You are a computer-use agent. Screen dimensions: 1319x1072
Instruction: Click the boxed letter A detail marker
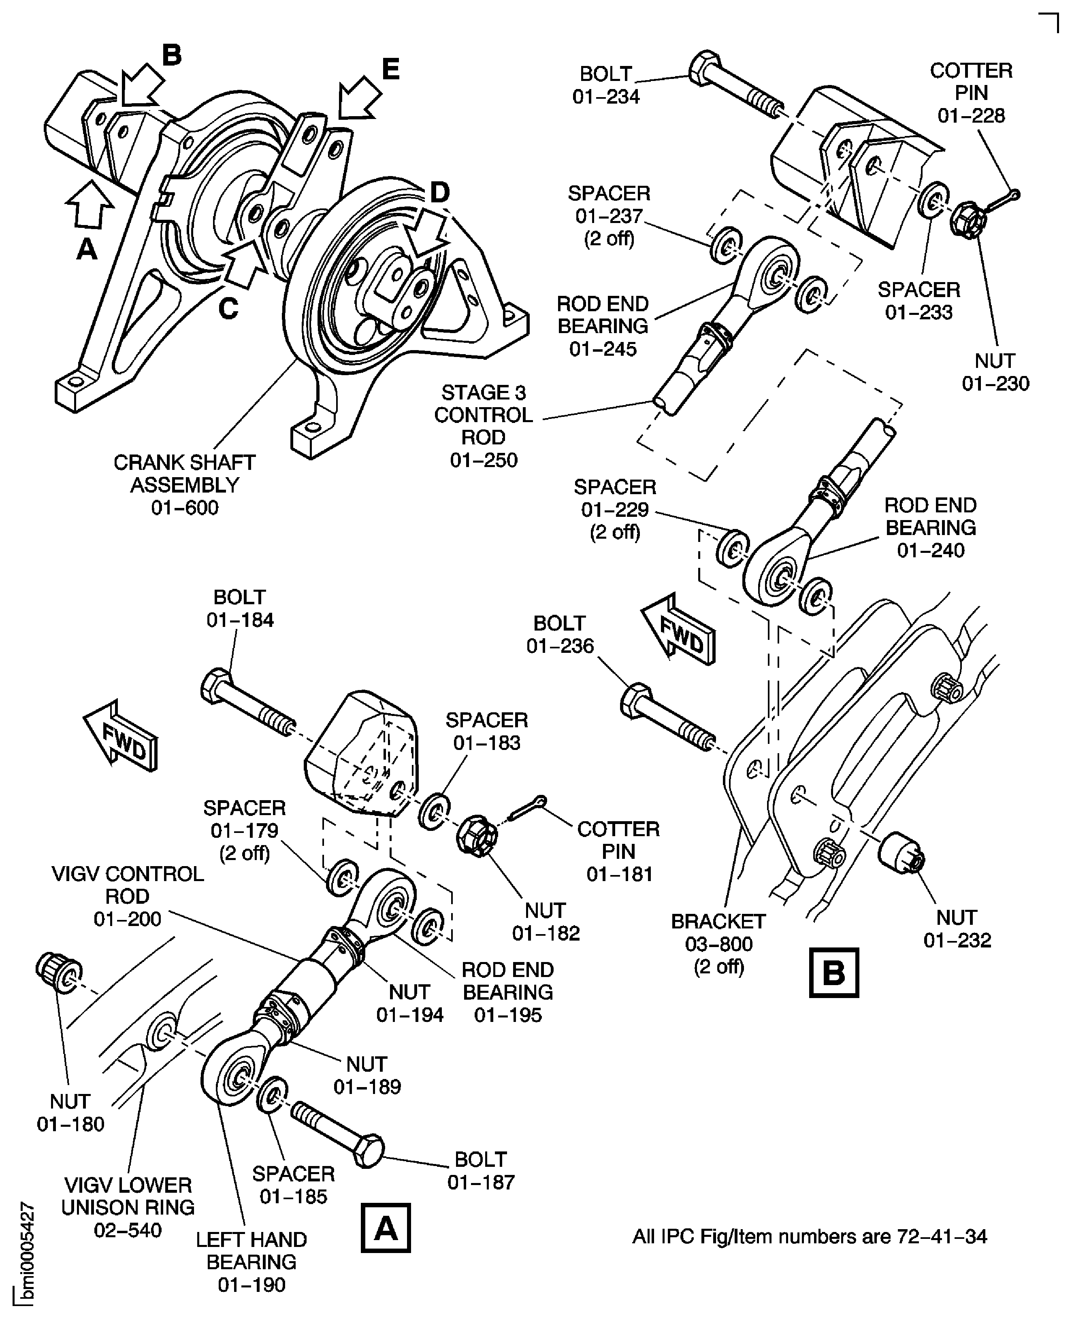[x=385, y=1228]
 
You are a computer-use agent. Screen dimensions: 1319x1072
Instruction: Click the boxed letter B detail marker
[x=833, y=973]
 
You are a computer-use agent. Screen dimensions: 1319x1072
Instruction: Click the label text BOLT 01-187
[x=480, y=1170]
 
